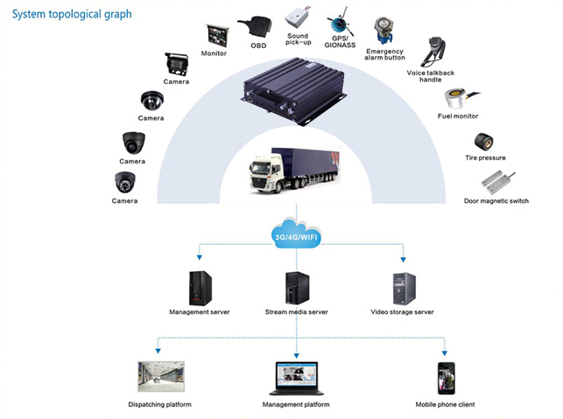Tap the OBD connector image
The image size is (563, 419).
click(x=255, y=26)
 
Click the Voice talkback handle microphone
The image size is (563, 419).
click(x=434, y=51)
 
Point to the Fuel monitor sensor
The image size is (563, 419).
click(x=459, y=98)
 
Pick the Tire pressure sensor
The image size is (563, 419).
click(x=484, y=142)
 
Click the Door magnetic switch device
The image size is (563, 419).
click(x=497, y=183)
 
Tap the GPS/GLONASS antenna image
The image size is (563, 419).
click(x=340, y=22)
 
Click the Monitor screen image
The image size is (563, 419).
click(x=218, y=35)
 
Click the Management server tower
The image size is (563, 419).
click(x=201, y=288)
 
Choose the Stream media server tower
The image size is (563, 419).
click(x=297, y=288)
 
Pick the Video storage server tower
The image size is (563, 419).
click(x=404, y=289)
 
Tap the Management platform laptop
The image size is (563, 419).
click(x=296, y=378)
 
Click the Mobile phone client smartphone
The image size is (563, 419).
click(x=446, y=379)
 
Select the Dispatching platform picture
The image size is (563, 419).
click(x=161, y=376)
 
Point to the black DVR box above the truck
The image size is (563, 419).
click(x=293, y=91)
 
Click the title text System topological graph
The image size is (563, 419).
click(x=72, y=14)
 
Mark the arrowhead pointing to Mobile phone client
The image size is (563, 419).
click(x=445, y=353)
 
